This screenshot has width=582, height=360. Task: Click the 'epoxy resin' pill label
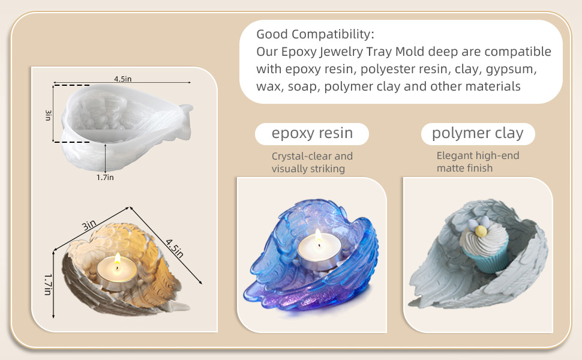coord(312,134)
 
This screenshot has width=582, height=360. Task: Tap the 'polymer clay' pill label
coord(478,134)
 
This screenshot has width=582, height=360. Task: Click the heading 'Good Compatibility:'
coord(315,34)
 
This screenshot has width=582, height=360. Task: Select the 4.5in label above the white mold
coord(122,79)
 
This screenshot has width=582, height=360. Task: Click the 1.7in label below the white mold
coord(105,178)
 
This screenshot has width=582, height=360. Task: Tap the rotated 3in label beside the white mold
coord(48,115)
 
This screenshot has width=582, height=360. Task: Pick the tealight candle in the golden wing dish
coord(117,273)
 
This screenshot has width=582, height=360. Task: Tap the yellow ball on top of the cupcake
coord(481,231)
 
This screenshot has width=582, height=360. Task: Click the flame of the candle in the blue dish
coord(318,237)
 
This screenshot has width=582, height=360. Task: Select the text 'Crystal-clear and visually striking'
coord(312,162)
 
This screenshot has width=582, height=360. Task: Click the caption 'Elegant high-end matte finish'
coord(478,162)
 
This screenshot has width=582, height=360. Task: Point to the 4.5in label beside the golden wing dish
coord(175,248)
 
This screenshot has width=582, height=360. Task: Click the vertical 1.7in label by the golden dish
coord(47,284)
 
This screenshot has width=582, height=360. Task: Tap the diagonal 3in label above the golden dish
coord(89,225)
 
